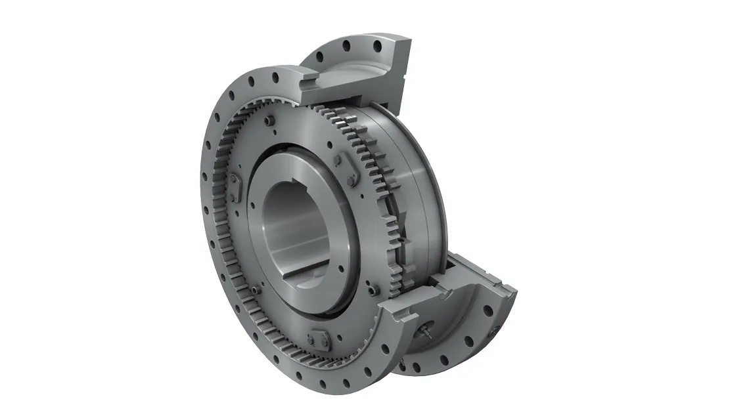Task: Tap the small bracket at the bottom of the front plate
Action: (x=317, y=339)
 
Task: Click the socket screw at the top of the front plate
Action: (x=269, y=121)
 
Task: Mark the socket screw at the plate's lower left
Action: (x=254, y=289)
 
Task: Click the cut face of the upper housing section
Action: (x=394, y=79)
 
